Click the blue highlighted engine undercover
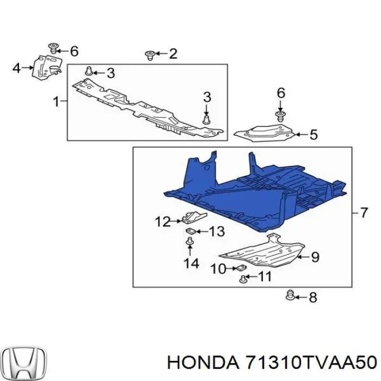click(x=256, y=190)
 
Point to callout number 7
click(x=364, y=213)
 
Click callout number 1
click(x=56, y=101)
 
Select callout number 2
click(x=173, y=53)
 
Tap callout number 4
click(x=16, y=68)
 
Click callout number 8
click(x=312, y=297)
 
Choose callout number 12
click(x=163, y=222)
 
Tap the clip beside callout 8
click(x=291, y=296)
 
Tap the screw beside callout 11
click(x=244, y=279)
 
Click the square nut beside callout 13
click(x=190, y=232)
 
